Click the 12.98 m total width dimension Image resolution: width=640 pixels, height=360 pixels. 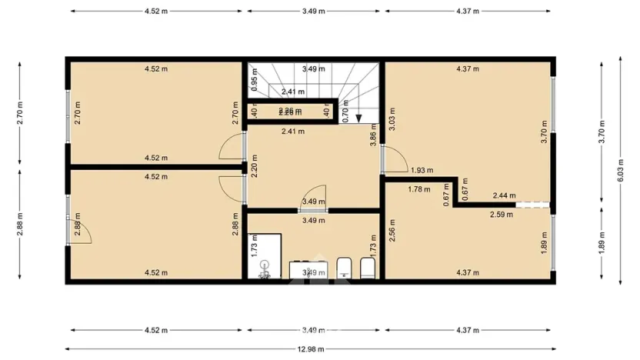(x=312, y=348)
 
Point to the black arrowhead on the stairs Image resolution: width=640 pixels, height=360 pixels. (x=359, y=118)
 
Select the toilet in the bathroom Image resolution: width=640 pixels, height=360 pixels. (x=368, y=268)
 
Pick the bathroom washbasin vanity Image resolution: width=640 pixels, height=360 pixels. (x=309, y=270)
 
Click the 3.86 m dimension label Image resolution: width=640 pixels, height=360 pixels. (x=374, y=139)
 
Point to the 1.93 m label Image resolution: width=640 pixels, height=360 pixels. (x=422, y=170)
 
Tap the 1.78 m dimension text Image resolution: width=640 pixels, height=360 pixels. (x=418, y=188)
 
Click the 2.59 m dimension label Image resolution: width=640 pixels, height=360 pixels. (x=502, y=215)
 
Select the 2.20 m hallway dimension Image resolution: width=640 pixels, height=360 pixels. (x=254, y=167)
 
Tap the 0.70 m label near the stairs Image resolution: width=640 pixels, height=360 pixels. (x=346, y=114)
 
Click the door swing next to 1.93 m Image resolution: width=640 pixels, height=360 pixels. (x=395, y=159)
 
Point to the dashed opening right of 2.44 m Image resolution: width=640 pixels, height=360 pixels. (x=533, y=205)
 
